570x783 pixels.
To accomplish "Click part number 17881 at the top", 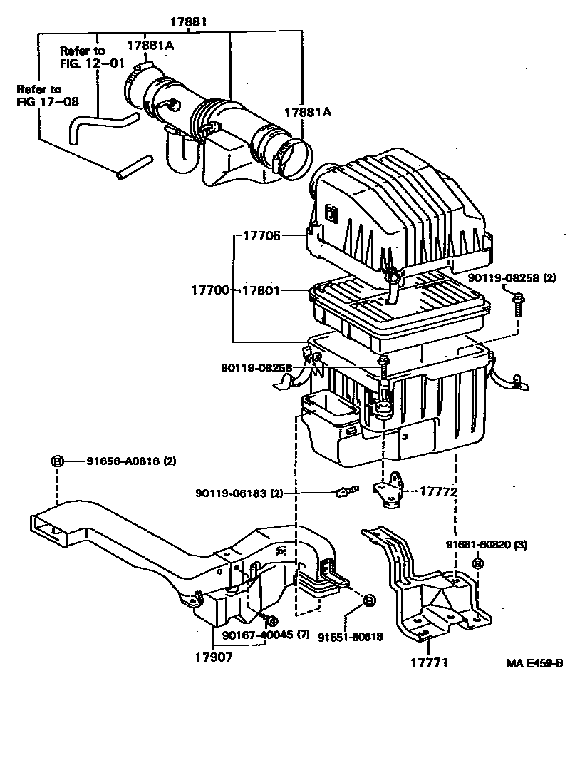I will [188, 22].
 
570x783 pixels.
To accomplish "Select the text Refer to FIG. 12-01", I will [83, 56].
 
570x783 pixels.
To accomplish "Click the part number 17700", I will [210, 291].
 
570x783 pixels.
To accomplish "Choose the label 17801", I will [261, 291].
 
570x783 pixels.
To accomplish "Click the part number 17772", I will [437, 491].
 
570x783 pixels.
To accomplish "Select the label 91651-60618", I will [351, 637].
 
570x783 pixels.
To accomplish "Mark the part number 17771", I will [428, 662].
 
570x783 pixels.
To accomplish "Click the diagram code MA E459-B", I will [534, 663].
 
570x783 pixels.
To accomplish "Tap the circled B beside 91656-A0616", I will [57, 461].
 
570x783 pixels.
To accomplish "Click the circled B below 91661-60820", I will [477, 563].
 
